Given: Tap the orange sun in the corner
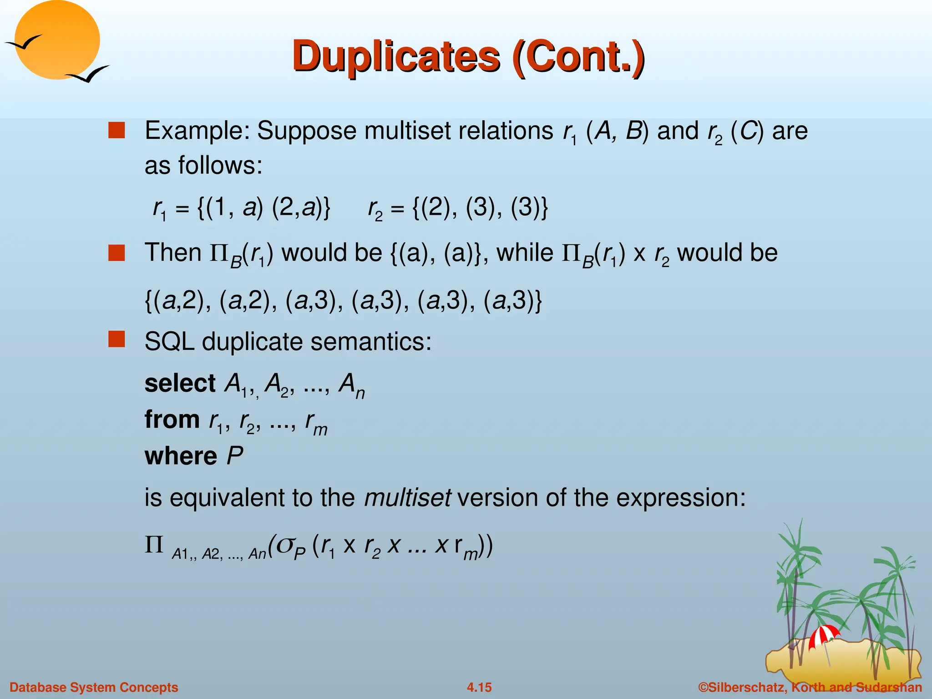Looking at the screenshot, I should (57, 40).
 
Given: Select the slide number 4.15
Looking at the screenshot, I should (479, 687).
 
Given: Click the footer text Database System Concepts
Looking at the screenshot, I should (94, 687).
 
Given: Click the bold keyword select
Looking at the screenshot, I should (180, 383).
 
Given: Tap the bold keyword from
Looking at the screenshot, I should (172, 420).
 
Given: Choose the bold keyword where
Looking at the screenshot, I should (181, 456).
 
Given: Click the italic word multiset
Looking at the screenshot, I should (407, 497).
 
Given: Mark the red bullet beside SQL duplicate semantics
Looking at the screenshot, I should (116, 339).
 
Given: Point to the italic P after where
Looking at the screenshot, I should (235, 456).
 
